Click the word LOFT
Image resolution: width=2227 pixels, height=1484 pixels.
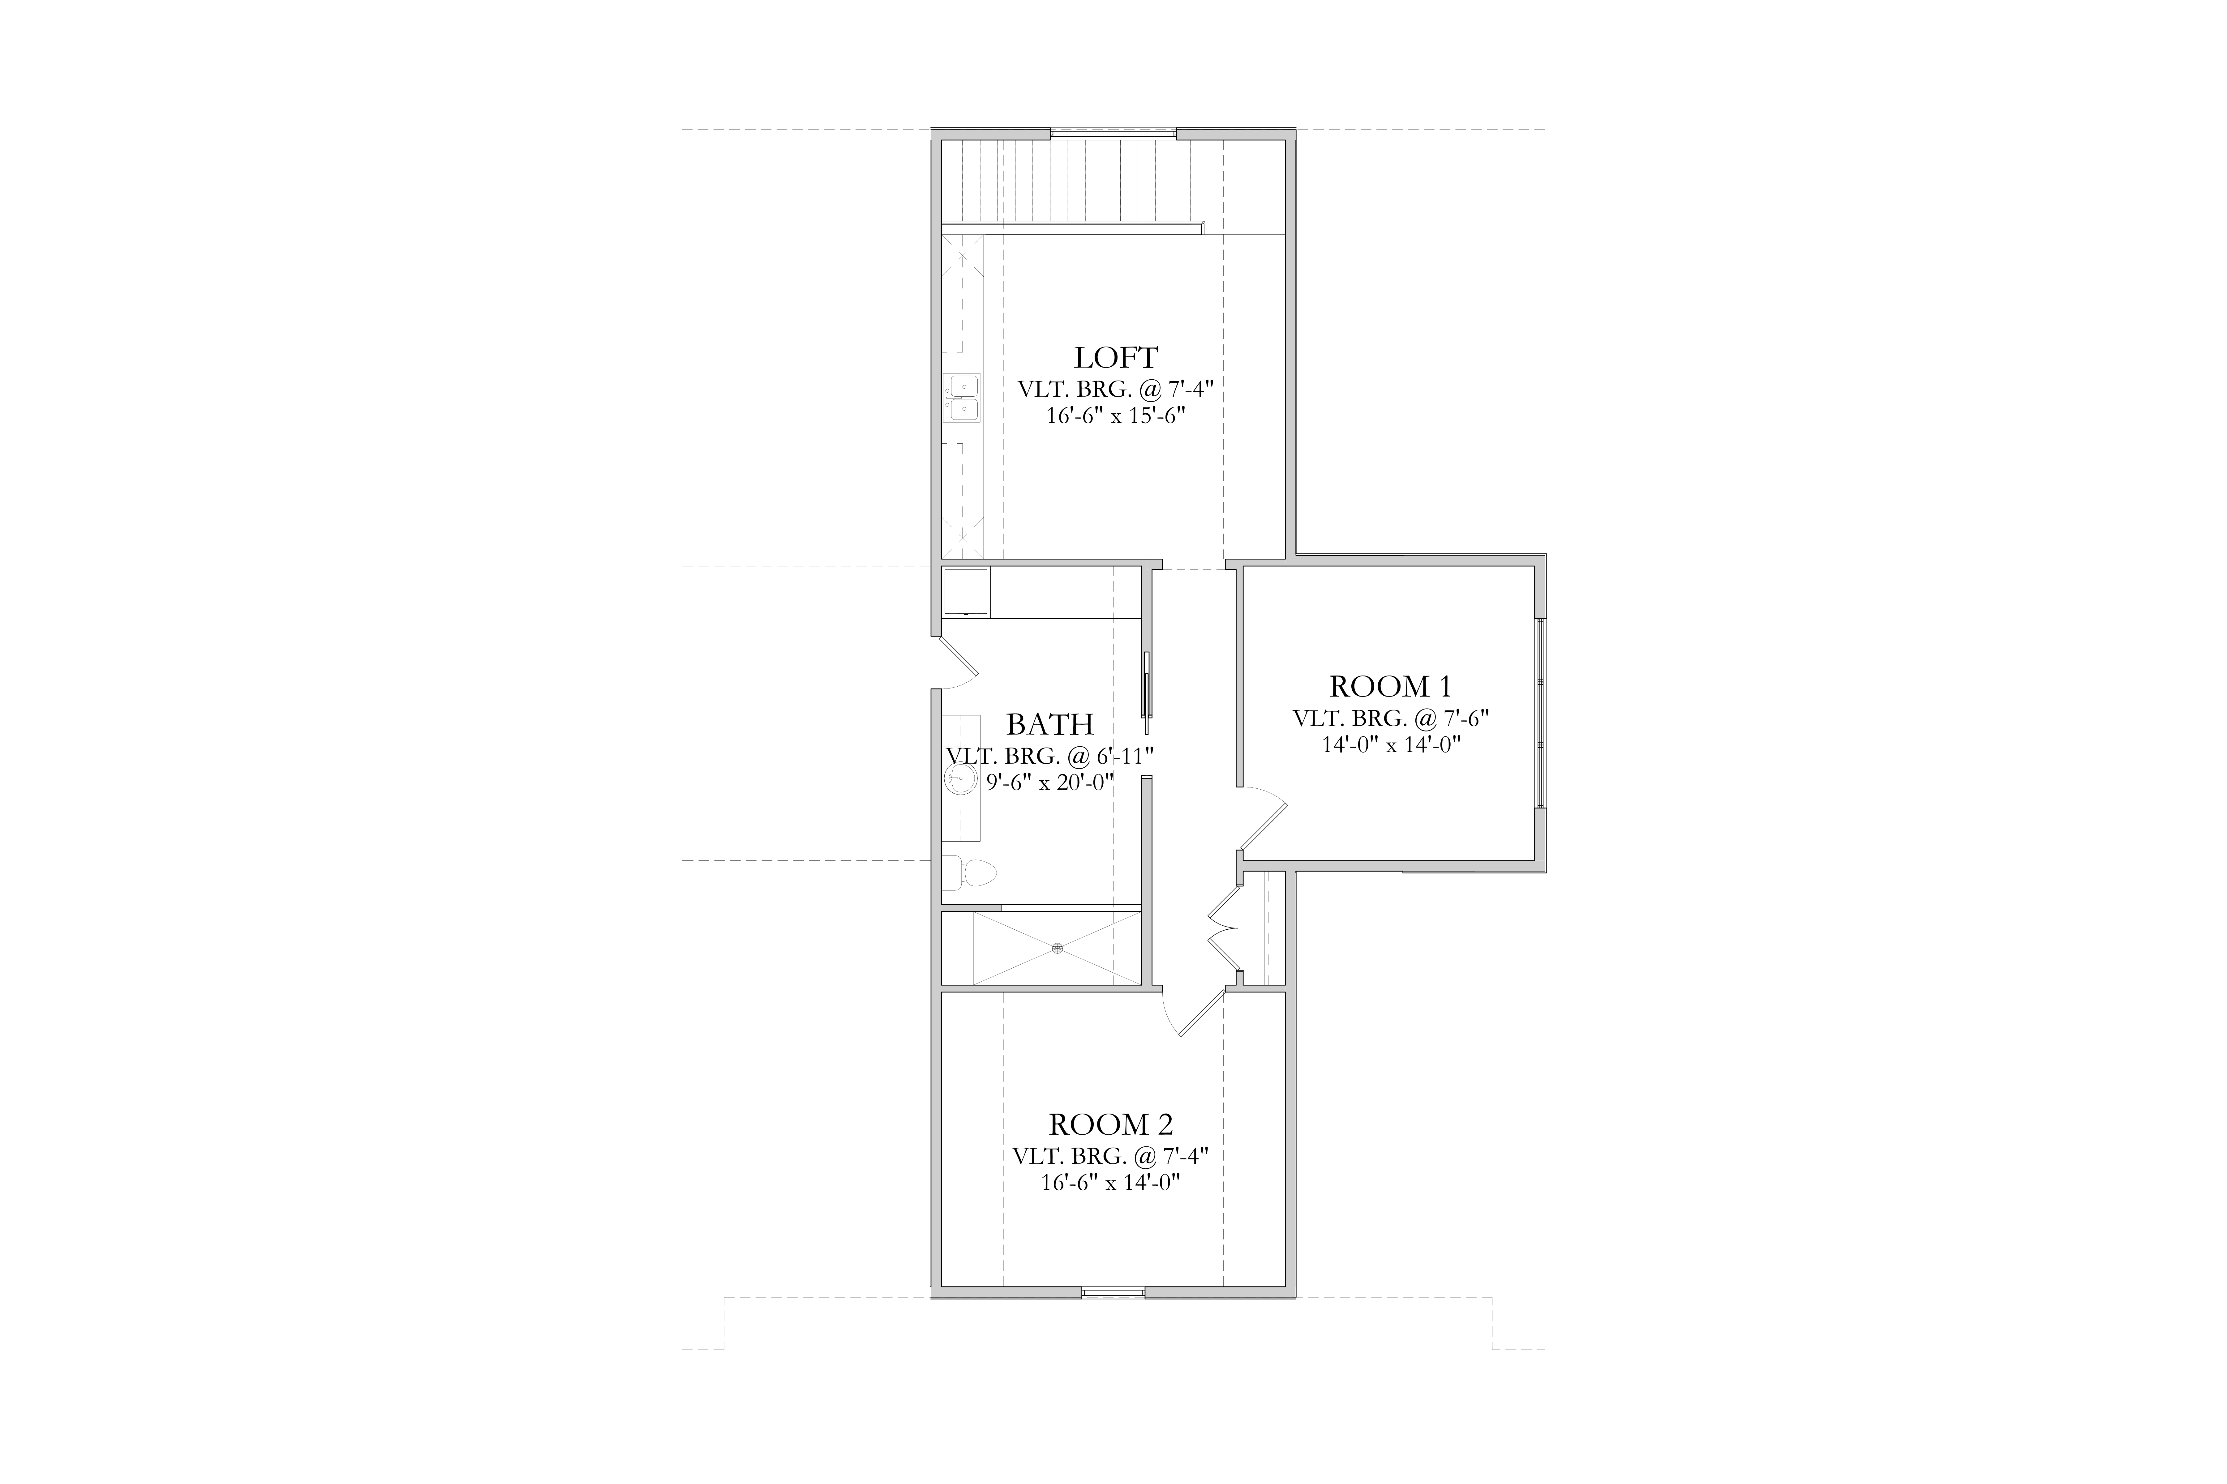coord(1115,358)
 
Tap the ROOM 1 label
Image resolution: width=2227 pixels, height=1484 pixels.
coord(1390,686)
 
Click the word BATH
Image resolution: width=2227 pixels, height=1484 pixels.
coord(1049,724)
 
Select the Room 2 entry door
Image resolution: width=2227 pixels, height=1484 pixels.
coord(1193,1013)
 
